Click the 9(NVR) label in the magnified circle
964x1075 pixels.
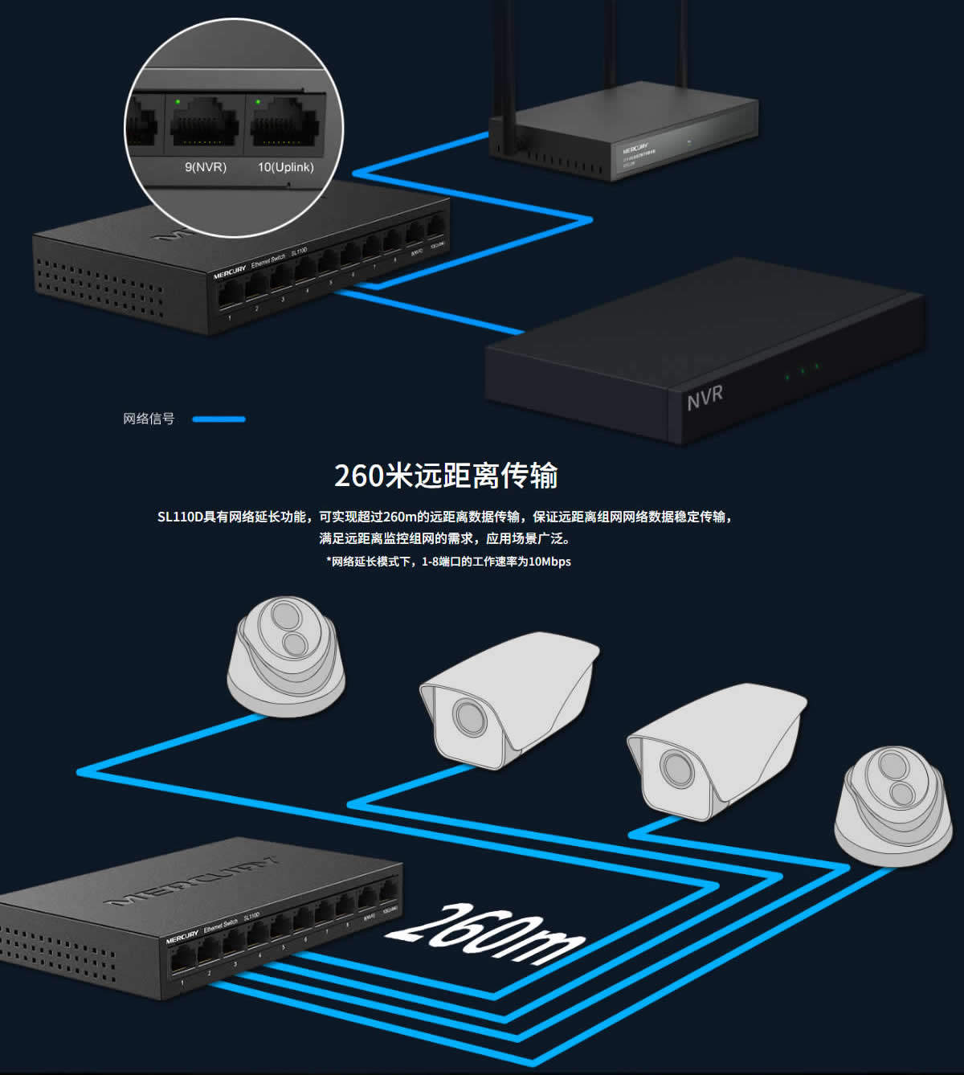(x=206, y=167)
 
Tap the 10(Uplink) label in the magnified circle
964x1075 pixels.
(x=285, y=167)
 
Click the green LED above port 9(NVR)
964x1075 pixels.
(x=177, y=102)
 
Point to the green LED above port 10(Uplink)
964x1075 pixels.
(x=258, y=102)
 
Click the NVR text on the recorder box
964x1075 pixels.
(x=705, y=397)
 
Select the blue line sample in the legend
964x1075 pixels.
(x=219, y=419)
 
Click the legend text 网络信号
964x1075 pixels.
(x=149, y=419)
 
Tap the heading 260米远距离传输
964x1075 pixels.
(x=446, y=476)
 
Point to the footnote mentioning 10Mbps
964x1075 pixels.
(x=448, y=562)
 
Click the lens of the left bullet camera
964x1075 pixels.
(x=468, y=716)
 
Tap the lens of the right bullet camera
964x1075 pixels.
(x=676, y=769)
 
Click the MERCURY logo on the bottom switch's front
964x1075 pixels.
(x=182, y=938)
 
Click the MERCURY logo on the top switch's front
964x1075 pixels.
(x=230, y=272)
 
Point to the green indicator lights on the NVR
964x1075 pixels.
(x=802, y=371)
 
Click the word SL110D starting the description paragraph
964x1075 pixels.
(x=180, y=517)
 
